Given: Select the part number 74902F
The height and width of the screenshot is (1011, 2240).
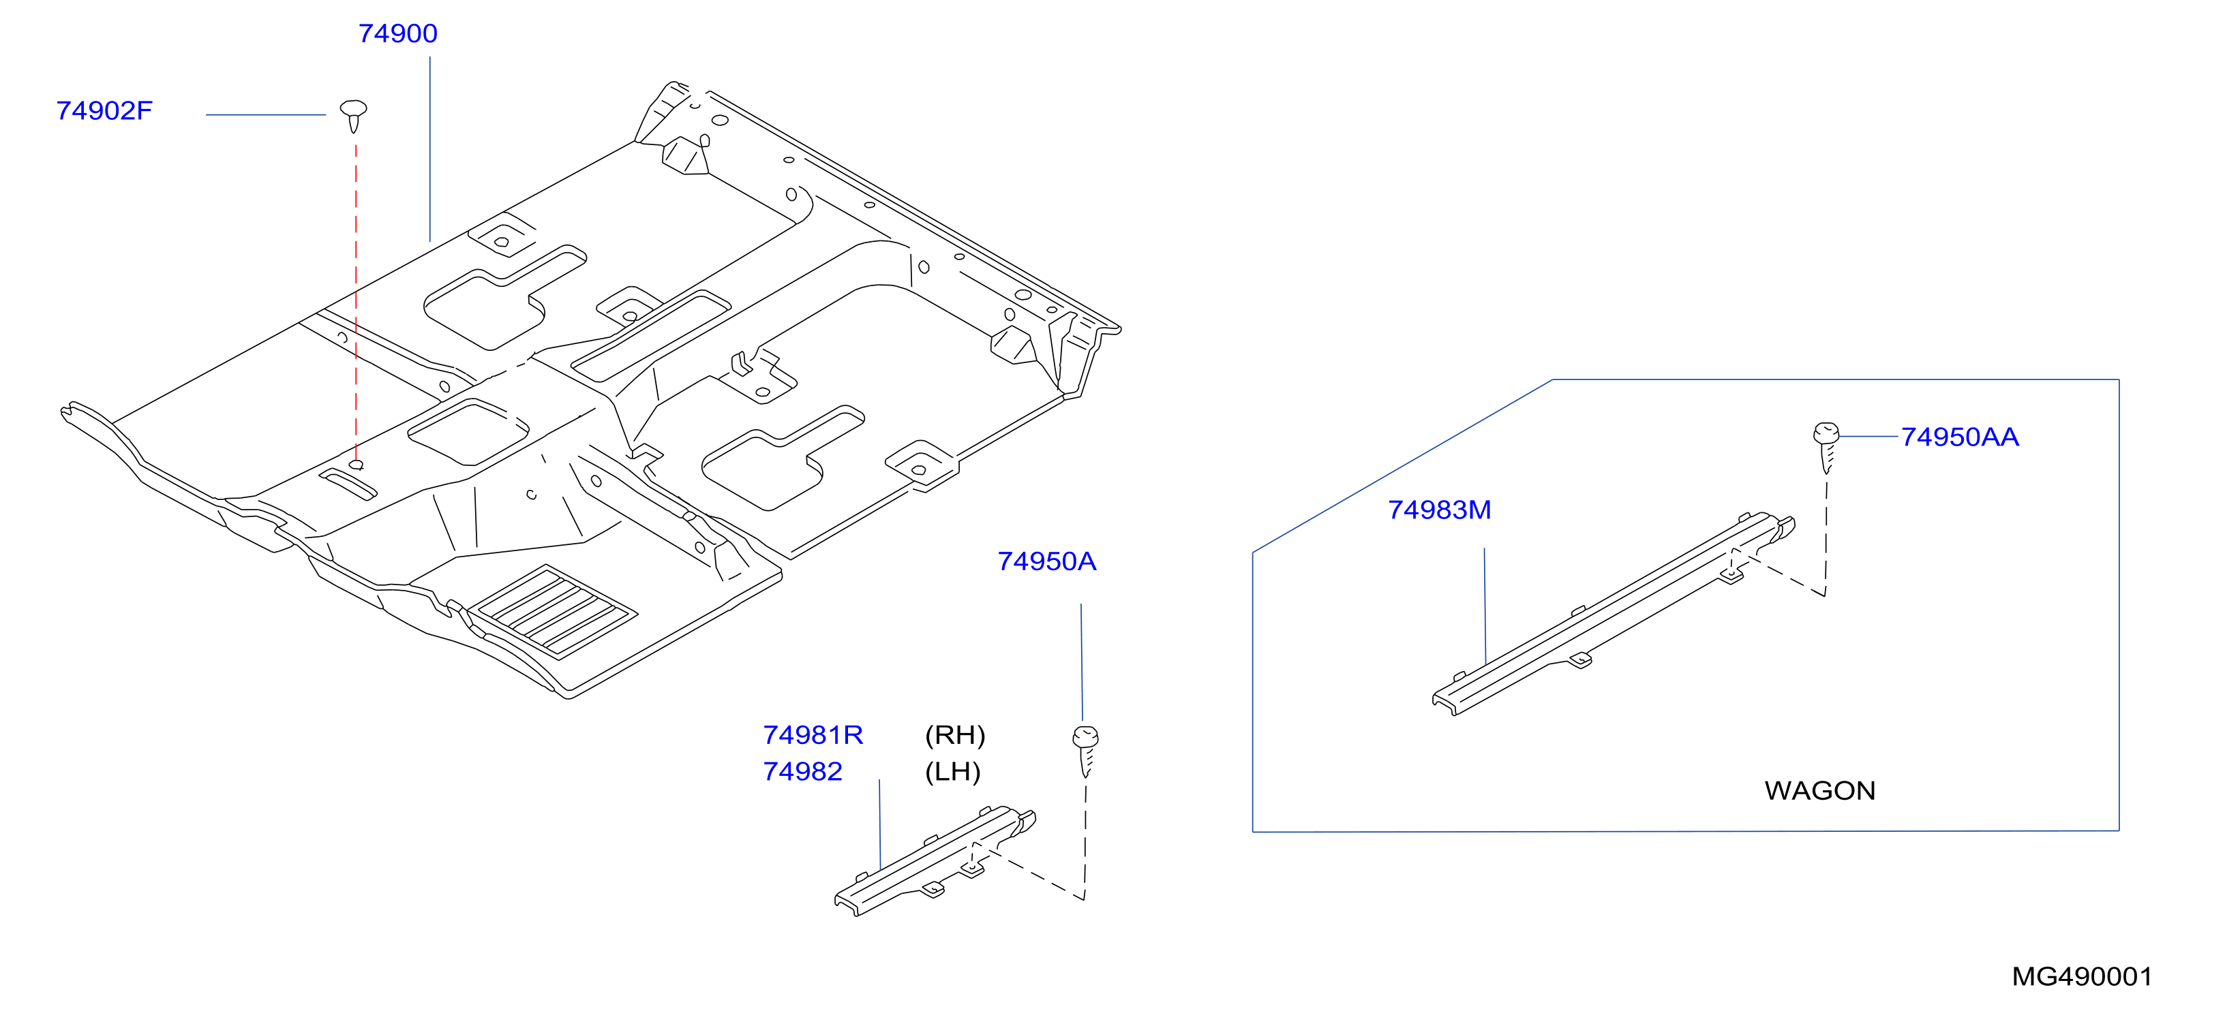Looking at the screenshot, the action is pyautogui.click(x=104, y=111).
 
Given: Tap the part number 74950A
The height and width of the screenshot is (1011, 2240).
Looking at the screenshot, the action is pyautogui.click(x=1046, y=561).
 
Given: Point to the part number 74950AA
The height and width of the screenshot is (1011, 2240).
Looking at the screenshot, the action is pyautogui.click(x=1959, y=437).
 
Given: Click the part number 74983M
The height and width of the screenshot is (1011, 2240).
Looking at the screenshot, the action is pyautogui.click(x=1439, y=510).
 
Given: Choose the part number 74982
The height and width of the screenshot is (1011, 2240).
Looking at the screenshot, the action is pyautogui.click(x=802, y=772).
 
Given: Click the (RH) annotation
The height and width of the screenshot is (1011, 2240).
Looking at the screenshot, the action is pyautogui.click(x=955, y=736).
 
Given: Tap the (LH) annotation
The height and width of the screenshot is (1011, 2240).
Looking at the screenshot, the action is pyautogui.click(x=952, y=772).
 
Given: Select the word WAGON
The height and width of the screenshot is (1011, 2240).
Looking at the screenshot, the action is pyautogui.click(x=1819, y=791).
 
